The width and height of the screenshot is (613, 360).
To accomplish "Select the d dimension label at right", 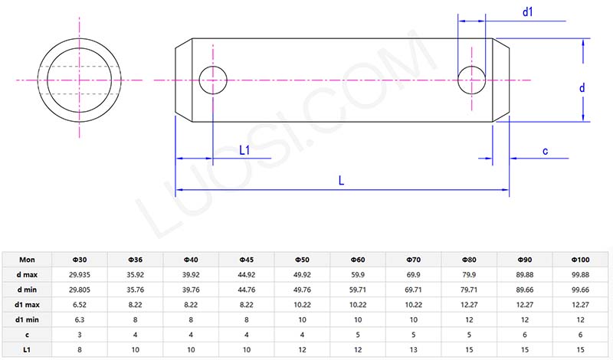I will click(x=582, y=89).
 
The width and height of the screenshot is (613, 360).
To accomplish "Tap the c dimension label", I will click(x=545, y=151).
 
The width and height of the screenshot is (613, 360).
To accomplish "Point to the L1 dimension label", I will click(x=245, y=151).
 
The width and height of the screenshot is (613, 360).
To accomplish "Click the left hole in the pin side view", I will click(x=214, y=79).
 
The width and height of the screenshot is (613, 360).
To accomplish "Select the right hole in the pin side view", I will click(x=472, y=79).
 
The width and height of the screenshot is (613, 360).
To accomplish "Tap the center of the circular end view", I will click(x=79, y=79).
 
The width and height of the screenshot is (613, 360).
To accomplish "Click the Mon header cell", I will click(x=28, y=259).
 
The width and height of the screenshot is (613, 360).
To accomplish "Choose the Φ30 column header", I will click(x=80, y=259).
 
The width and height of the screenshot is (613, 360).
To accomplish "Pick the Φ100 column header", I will click(x=580, y=259).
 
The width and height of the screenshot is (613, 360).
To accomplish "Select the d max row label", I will click(x=28, y=273).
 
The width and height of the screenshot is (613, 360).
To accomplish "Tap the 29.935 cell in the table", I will click(x=80, y=273).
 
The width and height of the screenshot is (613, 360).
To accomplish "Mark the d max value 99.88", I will click(x=580, y=273).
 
